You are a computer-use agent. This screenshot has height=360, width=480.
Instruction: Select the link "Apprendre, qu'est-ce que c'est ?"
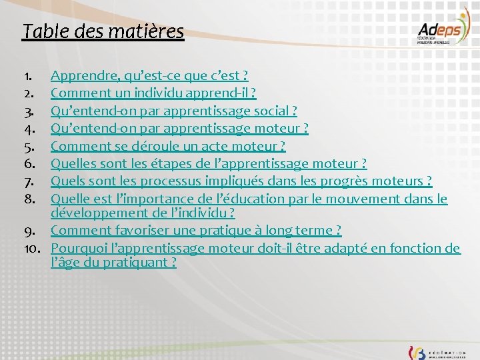pyautogui.click(x=149, y=76)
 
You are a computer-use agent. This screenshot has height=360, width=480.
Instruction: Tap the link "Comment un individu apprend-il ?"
pyautogui.click(x=153, y=93)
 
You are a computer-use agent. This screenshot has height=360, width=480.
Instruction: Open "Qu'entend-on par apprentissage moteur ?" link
pyautogui.click(x=179, y=128)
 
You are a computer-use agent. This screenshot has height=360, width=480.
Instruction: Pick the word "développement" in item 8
pyautogui.click(x=93, y=213)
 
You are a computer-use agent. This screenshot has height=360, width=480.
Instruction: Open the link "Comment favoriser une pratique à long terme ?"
pyautogui.click(x=196, y=230)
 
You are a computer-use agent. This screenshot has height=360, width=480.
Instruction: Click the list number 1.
pyautogui.click(x=27, y=76)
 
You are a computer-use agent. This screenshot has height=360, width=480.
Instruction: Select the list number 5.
pyautogui.click(x=27, y=145)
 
